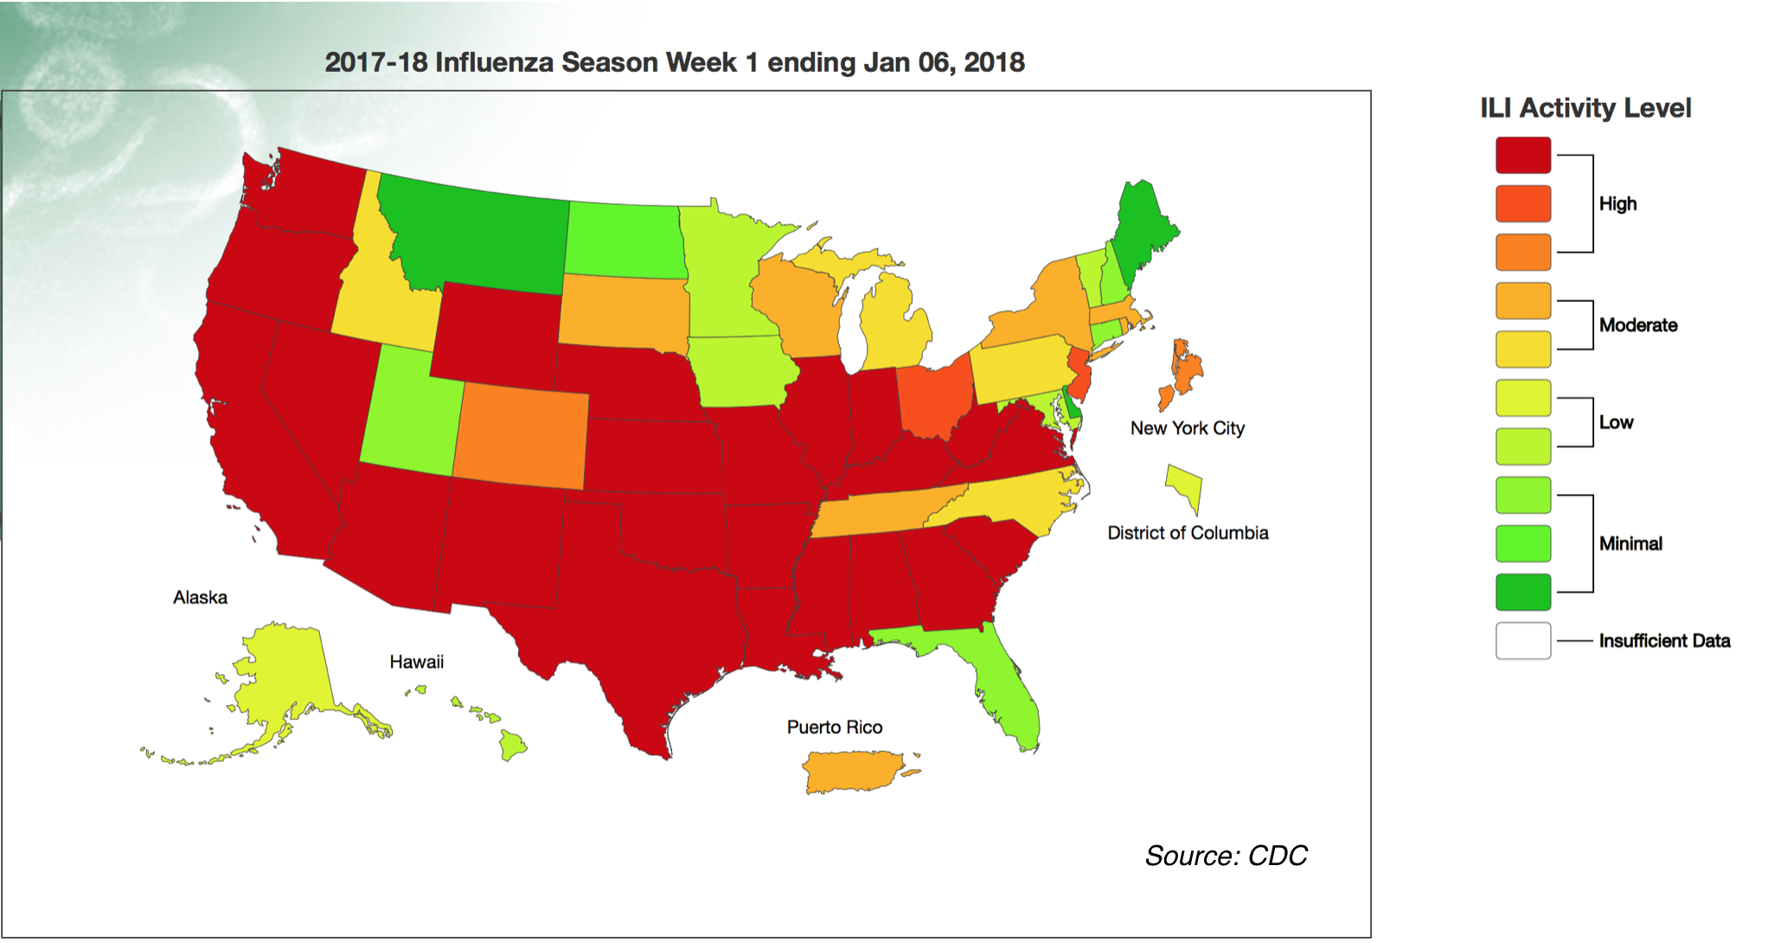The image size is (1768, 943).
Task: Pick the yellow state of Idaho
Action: click(x=381, y=294)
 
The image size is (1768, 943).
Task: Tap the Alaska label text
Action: click(x=200, y=598)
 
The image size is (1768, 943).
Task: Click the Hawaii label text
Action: click(x=416, y=663)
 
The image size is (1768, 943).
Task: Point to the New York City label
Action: click(x=1187, y=428)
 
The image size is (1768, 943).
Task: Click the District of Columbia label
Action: click(x=1188, y=533)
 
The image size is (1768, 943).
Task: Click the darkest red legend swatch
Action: click(x=1522, y=156)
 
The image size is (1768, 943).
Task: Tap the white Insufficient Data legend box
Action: click(x=1522, y=641)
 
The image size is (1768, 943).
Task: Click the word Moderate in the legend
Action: click(x=1637, y=325)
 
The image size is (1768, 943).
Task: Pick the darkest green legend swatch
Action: click(x=1522, y=593)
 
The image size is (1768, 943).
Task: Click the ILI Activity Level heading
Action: click(x=1585, y=108)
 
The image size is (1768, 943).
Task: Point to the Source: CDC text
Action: click(x=1226, y=856)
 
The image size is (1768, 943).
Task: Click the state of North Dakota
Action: click(x=625, y=241)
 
